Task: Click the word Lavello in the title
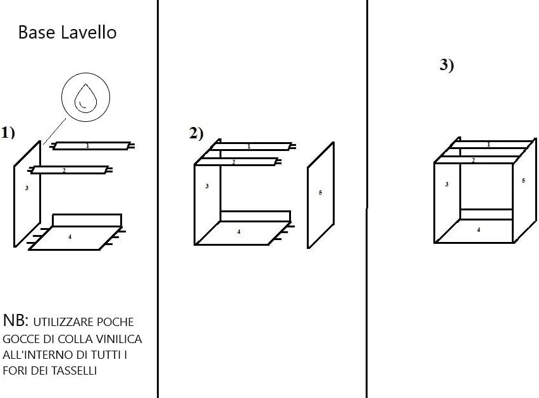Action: tap(89, 33)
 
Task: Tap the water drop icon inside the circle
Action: tap(85, 99)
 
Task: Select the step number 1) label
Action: tap(8, 133)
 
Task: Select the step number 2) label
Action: tap(196, 133)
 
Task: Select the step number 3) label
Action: tap(447, 65)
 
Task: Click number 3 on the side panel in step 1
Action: tap(27, 188)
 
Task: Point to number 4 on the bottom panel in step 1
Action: tap(70, 237)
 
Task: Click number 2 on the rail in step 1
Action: tap(64, 171)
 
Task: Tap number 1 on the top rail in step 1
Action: tap(87, 146)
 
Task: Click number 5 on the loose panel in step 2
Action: tap(320, 192)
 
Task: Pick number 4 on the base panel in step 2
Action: tap(239, 232)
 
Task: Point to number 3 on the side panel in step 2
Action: tap(207, 186)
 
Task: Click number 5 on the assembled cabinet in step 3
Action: tap(523, 181)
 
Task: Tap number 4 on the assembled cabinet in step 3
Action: tap(478, 230)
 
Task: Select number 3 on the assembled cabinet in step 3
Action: tap(447, 184)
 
